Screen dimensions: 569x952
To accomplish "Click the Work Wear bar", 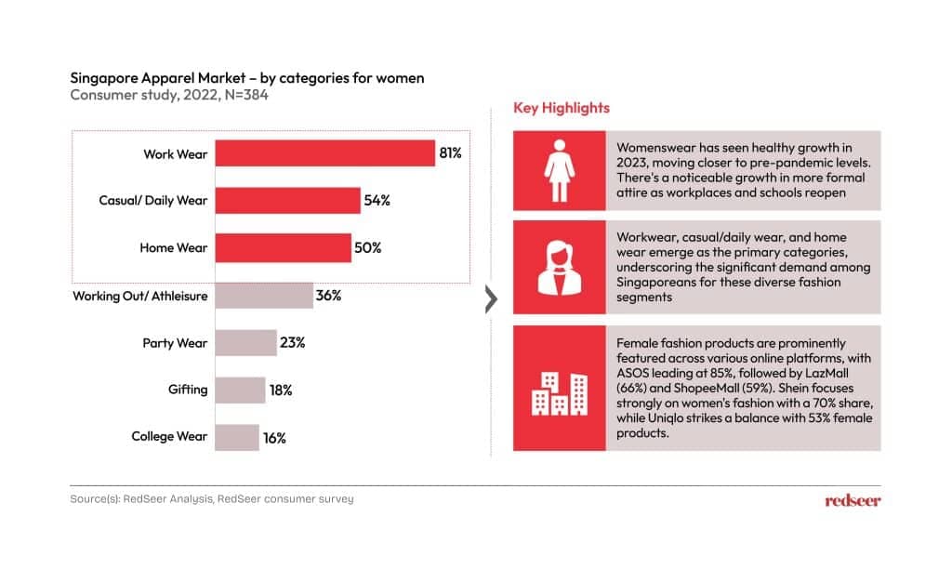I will coord(325,152).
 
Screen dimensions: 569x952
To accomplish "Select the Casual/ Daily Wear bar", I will coord(288,200).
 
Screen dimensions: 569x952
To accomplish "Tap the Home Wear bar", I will coord(283,248).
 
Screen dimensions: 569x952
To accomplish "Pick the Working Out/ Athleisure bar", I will coord(264,296).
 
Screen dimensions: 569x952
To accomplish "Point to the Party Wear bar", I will coord(246,343).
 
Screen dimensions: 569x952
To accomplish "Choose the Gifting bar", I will coord(240,390).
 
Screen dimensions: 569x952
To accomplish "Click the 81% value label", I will coord(451,152).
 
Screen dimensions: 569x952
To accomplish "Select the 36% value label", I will coord(329,296).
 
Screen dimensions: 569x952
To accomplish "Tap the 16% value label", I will coord(274,438).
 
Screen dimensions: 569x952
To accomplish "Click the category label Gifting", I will coord(188,390).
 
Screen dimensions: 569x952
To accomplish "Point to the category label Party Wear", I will coord(175,343).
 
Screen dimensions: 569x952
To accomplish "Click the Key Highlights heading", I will coord(562,108).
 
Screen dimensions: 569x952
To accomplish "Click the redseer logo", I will coord(853,500).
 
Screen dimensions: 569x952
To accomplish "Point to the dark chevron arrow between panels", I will coord(492,299).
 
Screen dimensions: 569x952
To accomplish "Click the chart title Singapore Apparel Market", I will coord(247,78).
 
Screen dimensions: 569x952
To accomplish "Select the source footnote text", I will coord(212,499).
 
